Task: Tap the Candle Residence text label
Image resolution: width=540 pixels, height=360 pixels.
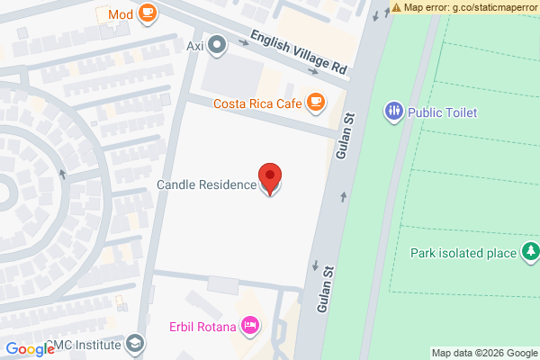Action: [x=206, y=185]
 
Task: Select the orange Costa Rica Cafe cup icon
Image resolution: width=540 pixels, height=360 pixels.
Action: [x=314, y=103]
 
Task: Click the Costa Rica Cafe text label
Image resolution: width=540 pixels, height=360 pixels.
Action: [x=256, y=103]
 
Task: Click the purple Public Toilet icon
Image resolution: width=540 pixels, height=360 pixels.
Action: [x=393, y=112]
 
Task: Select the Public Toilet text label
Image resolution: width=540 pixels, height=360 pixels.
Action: [x=442, y=112]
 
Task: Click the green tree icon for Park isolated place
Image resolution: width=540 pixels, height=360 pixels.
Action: [x=531, y=251]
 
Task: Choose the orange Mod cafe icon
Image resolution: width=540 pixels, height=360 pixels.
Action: [x=147, y=13]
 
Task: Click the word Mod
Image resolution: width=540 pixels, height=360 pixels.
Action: [x=120, y=13]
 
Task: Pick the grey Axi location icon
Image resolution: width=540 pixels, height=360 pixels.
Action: [x=217, y=44]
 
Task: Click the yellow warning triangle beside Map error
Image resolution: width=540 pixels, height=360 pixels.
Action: [x=397, y=7]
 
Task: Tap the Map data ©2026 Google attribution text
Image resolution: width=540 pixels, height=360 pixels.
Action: [x=484, y=353]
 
